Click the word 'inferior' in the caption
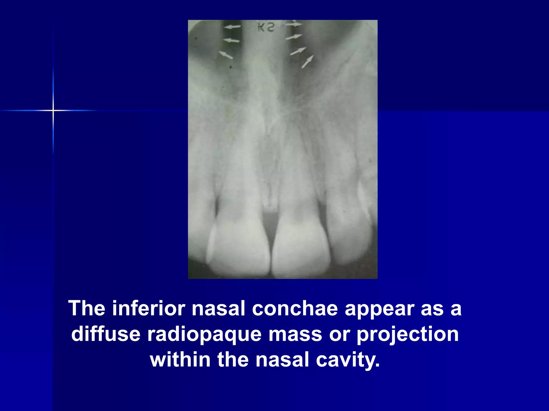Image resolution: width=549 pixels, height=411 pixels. coord(149,309)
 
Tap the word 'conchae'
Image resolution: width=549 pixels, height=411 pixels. coord(295,309)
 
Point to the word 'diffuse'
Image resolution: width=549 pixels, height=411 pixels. coord(106,334)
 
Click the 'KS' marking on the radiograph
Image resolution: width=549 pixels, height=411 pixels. coord(266,27)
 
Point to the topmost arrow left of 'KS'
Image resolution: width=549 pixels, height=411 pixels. coord(232,27)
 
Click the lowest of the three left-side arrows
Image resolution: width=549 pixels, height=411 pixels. coord(226,55)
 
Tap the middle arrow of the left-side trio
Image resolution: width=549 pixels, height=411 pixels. coord(231,40)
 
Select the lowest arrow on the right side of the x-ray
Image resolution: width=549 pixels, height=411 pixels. coord(307,62)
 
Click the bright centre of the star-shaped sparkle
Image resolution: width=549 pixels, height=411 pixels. coord(53,110)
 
